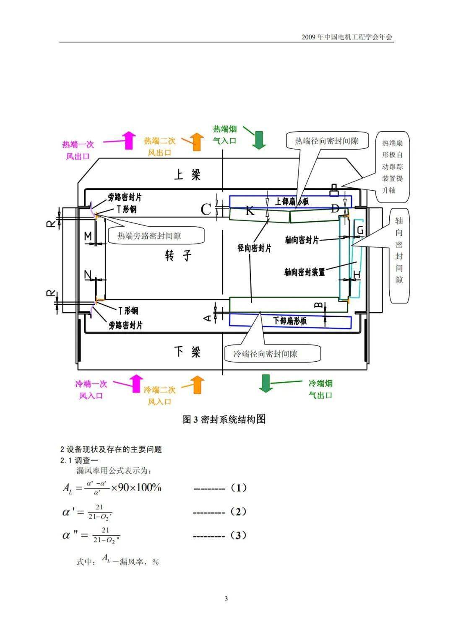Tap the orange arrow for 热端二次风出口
click(x=195, y=141)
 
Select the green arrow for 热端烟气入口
click(x=259, y=140)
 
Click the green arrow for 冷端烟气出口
click(x=266, y=383)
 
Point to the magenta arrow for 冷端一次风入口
click(x=135, y=383)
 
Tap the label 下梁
click(x=187, y=351)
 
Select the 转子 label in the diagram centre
click(x=178, y=255)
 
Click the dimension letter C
click(x=206, y=209)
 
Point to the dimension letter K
click(x=250, y=210)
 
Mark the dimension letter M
click(x=88, y=237)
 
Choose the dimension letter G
click(x=360, y=231)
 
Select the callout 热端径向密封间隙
click(x=326, y=141)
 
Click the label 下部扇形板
click(x=290, y=321)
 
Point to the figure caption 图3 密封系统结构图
click(x=224, y=419)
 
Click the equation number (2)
click(x=239, y=512)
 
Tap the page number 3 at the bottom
click(x=226, y=599)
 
